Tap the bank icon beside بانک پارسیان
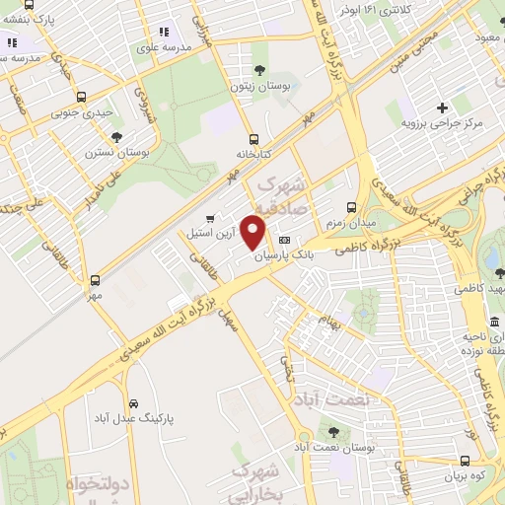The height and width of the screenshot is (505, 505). tap(285, 240)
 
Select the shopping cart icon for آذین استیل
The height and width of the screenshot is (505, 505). tap(209, 219)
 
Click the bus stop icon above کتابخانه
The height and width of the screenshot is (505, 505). tap(254, 139)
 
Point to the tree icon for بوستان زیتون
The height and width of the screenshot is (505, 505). tap(259, 69)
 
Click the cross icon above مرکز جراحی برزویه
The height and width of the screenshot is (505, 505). tap(442, 107)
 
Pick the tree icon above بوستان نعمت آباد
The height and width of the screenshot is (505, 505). tap(332, 431)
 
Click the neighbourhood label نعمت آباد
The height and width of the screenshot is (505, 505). tap(340, 397)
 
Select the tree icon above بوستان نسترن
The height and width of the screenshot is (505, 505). tap(116, 137)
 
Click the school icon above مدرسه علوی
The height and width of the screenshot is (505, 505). tap(164, 33)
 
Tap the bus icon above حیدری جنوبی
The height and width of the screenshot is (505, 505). tap(81, 98)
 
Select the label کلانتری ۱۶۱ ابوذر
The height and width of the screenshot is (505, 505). tap(374, 9)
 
